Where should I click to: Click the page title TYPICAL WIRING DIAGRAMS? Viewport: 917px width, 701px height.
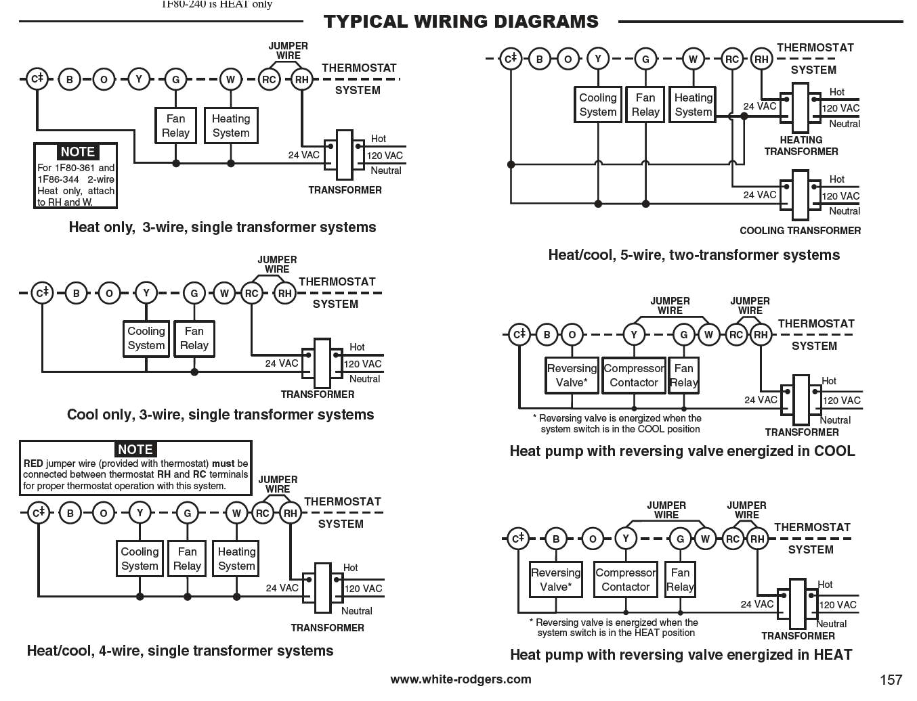pos(461,22)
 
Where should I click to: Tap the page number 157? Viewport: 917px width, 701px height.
pos(891,679)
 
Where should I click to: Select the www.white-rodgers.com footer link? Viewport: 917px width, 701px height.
pos(461,679)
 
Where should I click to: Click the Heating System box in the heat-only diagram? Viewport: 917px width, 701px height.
pos(231,126)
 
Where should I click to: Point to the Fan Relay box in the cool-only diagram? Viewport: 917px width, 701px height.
pos(194,338)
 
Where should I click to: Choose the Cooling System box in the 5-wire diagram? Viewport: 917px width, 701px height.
pos(598,105)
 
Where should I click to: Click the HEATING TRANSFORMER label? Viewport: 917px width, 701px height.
pos(801,145)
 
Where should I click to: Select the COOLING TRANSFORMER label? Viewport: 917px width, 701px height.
pos(800,231)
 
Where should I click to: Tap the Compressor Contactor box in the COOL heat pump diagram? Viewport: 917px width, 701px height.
pos(634,376)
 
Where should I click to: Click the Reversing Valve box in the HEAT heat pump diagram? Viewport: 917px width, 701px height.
pos(555,580)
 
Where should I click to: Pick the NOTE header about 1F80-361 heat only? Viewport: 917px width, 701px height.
pos(77,152)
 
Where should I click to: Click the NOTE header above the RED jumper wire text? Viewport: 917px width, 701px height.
pos(135,449)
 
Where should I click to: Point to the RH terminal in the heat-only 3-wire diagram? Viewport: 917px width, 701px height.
pos(301,79)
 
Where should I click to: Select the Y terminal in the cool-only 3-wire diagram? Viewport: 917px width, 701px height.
pos(146,293)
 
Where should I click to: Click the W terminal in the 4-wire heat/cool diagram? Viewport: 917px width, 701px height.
pos(236,513)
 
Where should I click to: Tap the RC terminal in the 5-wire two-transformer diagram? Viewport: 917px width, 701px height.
pos(732,59)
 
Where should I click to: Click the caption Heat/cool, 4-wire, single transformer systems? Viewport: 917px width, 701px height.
pos(180,651)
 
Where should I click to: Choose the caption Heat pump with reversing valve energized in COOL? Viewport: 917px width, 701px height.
pos(682,451)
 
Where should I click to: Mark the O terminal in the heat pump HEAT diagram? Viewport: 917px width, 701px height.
pos(593,539)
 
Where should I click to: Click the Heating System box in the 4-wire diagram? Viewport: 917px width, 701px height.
pos(236,559)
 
